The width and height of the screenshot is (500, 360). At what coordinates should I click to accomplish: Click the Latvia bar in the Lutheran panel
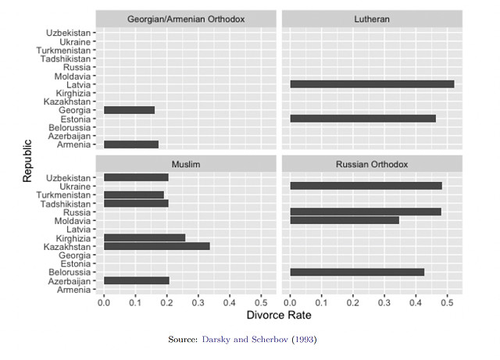[372, 84]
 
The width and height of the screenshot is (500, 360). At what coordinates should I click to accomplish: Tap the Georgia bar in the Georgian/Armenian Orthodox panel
[129, 110]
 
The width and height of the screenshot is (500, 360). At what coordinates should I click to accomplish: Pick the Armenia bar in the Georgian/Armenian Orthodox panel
[131, 144]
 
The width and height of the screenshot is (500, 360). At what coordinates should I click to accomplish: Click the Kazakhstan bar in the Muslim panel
[156, 246]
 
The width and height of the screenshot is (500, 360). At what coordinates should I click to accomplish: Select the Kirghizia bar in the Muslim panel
[145, 237]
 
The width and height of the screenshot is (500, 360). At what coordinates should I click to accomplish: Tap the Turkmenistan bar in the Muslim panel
[134, 195]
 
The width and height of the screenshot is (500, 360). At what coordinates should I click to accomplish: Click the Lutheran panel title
[372, 19]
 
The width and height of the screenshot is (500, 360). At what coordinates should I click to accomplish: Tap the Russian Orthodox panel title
[372, 165]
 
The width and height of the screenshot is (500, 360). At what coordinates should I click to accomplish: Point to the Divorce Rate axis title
[279, 315]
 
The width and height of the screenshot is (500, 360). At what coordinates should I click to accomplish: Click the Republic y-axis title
[27, 160]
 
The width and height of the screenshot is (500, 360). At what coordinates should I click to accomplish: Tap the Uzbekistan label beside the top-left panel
[69, 33]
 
